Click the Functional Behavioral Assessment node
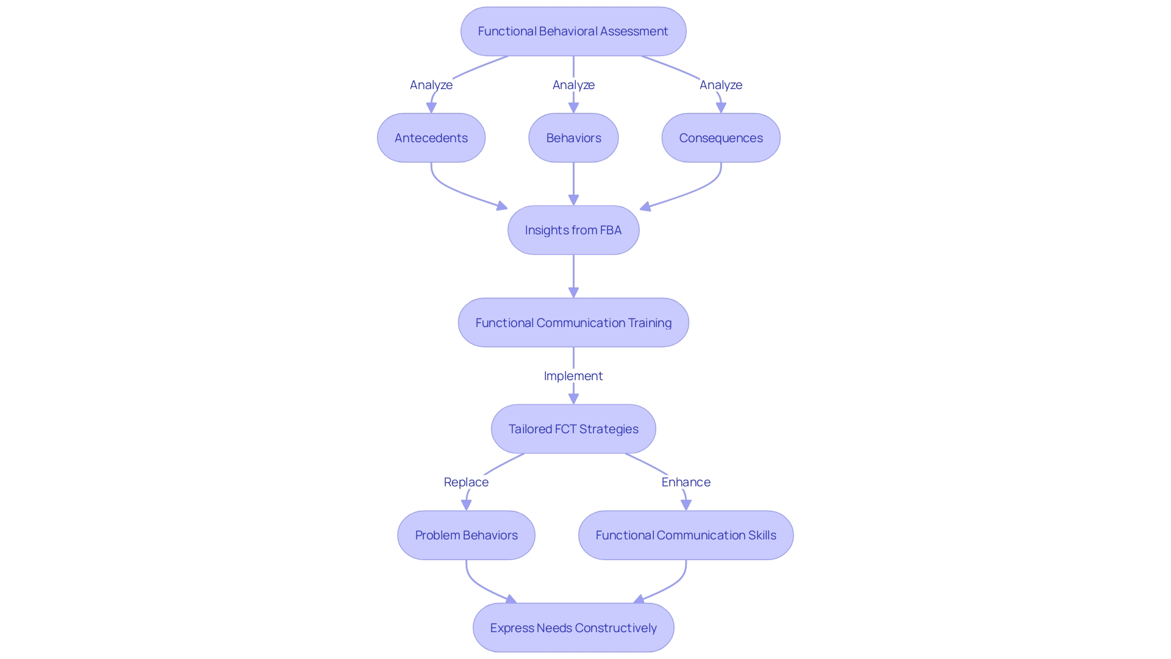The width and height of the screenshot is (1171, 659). click(573, 31)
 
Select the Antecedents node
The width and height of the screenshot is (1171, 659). click(431, 138)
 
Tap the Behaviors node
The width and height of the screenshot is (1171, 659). click(573, 138)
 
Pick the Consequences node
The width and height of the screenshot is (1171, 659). click(721, 138)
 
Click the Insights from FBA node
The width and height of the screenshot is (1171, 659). click(573, 230)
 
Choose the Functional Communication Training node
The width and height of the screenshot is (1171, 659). click(573, 323)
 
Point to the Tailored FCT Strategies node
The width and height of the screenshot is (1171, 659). click(573, 429)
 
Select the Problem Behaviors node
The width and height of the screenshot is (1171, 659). click(466, 535)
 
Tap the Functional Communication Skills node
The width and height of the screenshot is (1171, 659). click(686, 535)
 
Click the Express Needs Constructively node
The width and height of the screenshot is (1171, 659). click(573, 628)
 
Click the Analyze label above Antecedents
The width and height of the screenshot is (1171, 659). click(431, 85)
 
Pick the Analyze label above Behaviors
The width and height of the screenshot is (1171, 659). click(573, 85)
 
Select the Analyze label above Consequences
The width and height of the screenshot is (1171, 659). click(721, 85)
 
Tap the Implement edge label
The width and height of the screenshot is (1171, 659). click(573, 376)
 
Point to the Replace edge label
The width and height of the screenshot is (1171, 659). click(466, 482)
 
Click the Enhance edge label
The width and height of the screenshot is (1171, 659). click(686, 482)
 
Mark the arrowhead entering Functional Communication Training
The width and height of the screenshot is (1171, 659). click(573, 292)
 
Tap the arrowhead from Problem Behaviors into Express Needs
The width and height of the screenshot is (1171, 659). click(511, 600)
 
